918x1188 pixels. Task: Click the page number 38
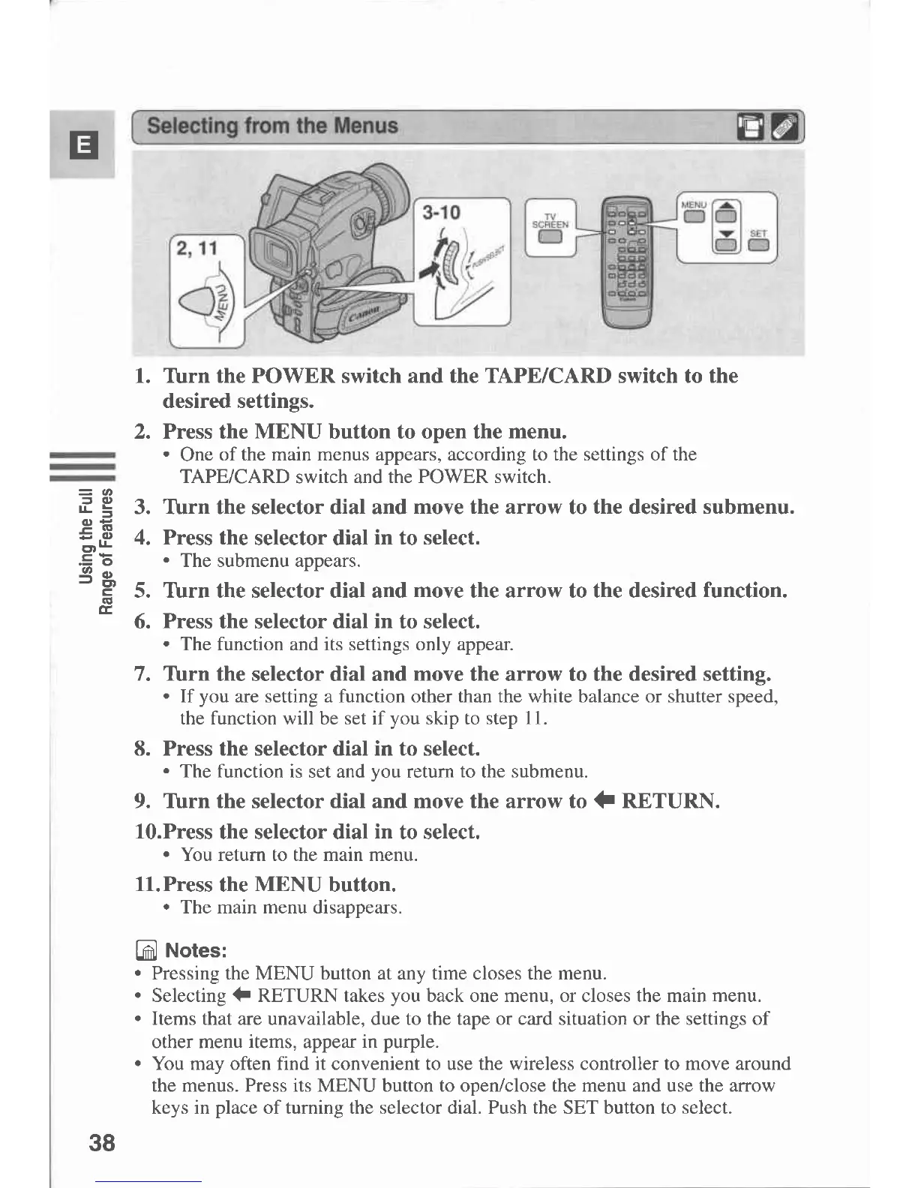(102, 1143)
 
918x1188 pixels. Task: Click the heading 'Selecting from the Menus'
(272, 125)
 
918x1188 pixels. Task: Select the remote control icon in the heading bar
(784, 127)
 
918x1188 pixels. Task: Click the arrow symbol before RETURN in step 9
(604, 802)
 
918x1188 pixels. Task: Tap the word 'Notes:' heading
(196, 950)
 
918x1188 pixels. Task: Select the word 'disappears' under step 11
(356, 907)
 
